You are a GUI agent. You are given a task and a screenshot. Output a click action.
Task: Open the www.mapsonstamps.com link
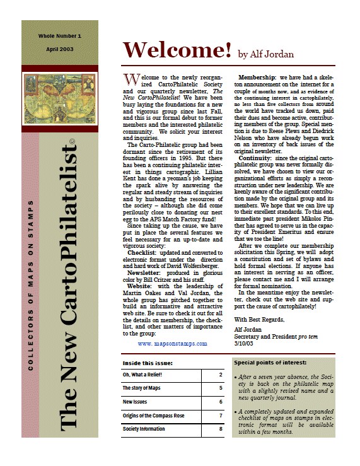[171, 344]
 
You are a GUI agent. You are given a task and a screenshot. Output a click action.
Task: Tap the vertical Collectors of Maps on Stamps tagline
[30, 284]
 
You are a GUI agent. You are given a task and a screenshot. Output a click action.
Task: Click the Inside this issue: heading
[148, 363]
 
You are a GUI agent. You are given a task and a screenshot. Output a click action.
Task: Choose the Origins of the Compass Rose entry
[154, 416]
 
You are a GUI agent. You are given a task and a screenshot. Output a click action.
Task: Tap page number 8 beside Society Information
[220, 429]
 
